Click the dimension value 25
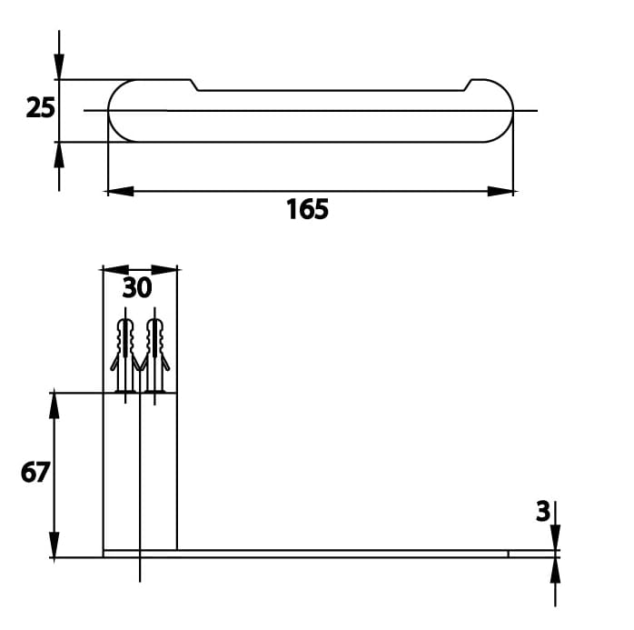click(40, 108)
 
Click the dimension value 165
click(307, 210)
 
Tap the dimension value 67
click(35, 473)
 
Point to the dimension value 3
click(542, 512)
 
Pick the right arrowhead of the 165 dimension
click(500, 192)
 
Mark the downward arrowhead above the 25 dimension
click(59, 66)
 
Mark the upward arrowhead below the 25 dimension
click(59, 155)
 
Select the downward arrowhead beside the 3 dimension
click(555, 537)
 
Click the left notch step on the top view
click(195, 85)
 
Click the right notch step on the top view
click(468, 85)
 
